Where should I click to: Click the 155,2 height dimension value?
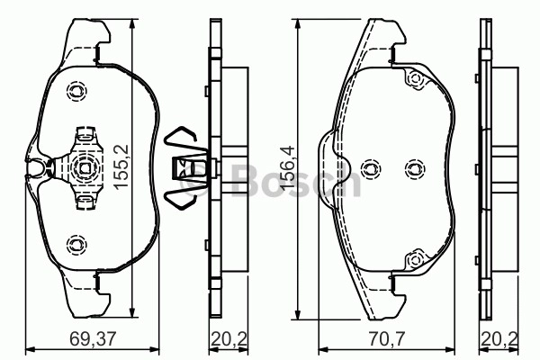(x=121, y=166)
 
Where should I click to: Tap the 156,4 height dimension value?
(x=287, y=167)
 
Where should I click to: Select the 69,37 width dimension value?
(x=93, y=339)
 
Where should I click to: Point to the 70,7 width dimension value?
(x=385, y=339)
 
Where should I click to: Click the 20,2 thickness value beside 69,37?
(x=229, y=339)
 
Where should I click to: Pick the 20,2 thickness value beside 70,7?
(x=500, y=339)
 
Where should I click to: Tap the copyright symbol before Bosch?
(x=198, y=179)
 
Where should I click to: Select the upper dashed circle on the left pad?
(x=76, y=91)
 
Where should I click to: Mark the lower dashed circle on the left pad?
(x=76, y=245)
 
